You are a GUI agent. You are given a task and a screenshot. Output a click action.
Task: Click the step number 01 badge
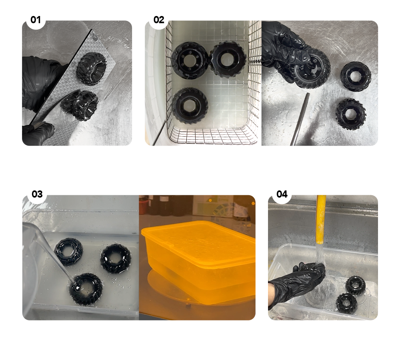tap(36, 20)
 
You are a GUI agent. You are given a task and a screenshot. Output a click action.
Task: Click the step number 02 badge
tap(158, 20)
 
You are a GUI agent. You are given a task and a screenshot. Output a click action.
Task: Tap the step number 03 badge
tap(37, 194)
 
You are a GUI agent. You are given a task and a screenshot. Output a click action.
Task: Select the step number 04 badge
tap(282, 194)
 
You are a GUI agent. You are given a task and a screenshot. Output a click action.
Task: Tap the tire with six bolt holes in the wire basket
tap(190, 61)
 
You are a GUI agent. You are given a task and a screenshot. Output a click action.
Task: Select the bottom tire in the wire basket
tap(190, 106)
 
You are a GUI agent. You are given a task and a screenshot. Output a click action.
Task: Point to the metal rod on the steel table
tap(300, 119)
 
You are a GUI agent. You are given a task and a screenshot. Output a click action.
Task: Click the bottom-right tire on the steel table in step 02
tap(351, 114)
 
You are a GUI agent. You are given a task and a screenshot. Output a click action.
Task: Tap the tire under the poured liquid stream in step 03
tap(86, 289)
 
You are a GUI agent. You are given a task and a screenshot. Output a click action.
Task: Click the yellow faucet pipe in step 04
tap(321, 220)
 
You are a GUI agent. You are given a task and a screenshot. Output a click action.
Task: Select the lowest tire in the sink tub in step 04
tap(346, 302)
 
